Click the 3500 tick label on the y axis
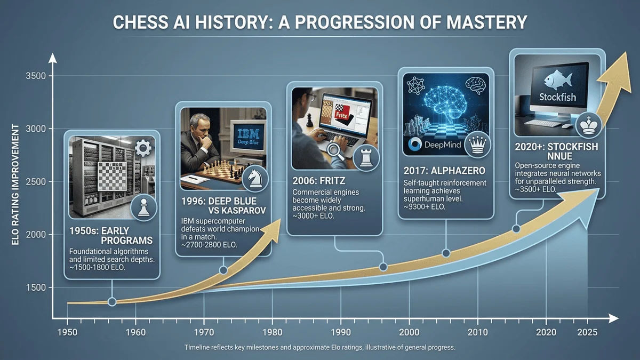pos(35,76)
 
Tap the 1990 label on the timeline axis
pos(341,332)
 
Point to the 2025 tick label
pos(587,332)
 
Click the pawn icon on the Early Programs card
pos(143,207)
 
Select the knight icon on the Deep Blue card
pos(255,179)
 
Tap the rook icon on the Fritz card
pos(366,158)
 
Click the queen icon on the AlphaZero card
pos(477,145)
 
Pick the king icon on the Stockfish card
pos(589,126)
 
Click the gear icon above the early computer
pos(143,148)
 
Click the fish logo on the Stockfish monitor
pos(558,79)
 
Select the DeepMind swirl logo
pos(415,145)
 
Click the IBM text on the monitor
pos(249,133)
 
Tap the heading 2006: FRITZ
pos(319,181)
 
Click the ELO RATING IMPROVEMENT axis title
pos(15,185)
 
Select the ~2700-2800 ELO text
pos(209,245)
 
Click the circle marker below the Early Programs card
pos(112,302)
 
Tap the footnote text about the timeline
pos(319,347)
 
